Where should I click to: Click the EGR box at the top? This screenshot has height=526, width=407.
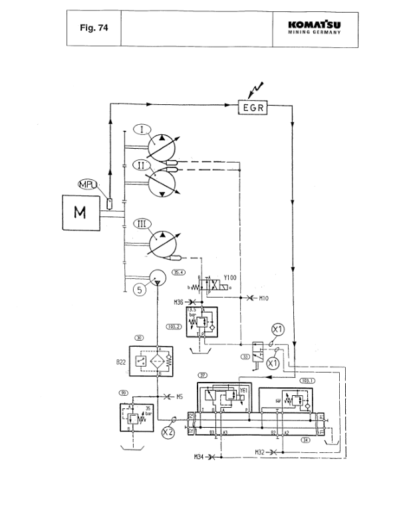tap(253, 106)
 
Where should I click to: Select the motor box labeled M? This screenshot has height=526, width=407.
tap(80, 213)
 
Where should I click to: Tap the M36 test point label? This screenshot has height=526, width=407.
tap(178, 302)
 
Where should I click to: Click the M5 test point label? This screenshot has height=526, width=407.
tap(179, 396)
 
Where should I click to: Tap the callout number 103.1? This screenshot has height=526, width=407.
tap(307, 381)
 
